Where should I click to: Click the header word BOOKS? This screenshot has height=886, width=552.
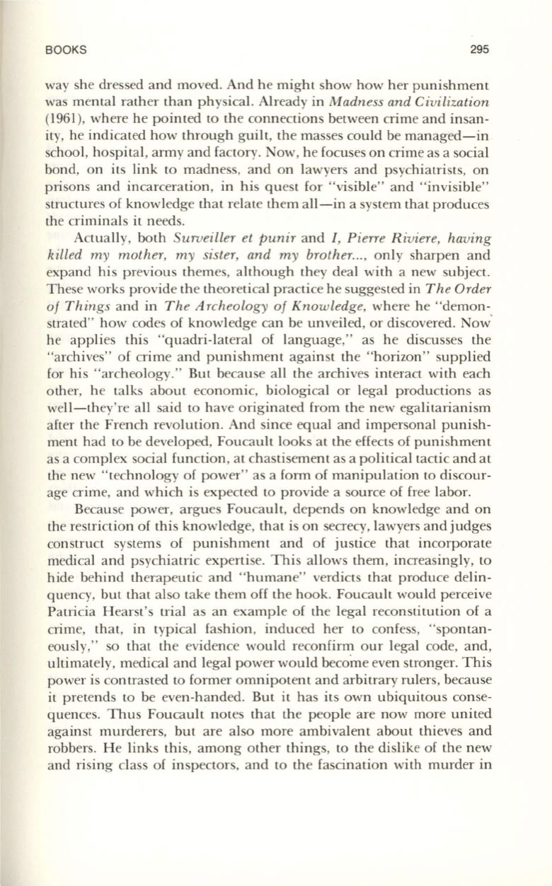(65, 50)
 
